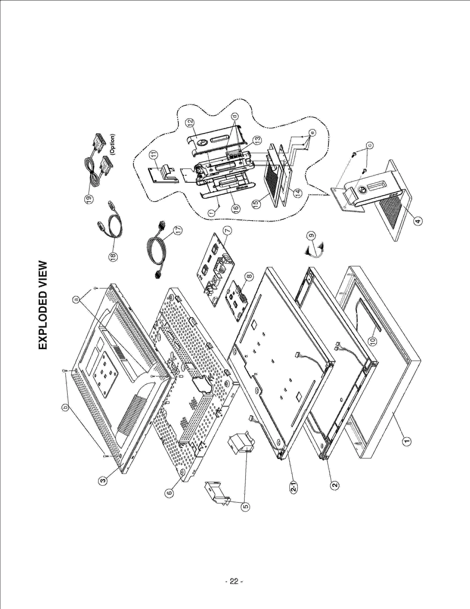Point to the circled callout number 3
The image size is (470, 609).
pos(102,481)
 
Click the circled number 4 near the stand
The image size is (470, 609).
pos(418,221)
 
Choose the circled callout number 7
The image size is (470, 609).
pos(228,231)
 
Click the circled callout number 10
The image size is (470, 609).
pos(373,341)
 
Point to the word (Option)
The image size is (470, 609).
pos(113,144)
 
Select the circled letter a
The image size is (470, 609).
pos(76,299)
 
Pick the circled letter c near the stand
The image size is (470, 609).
pos(370,145)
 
